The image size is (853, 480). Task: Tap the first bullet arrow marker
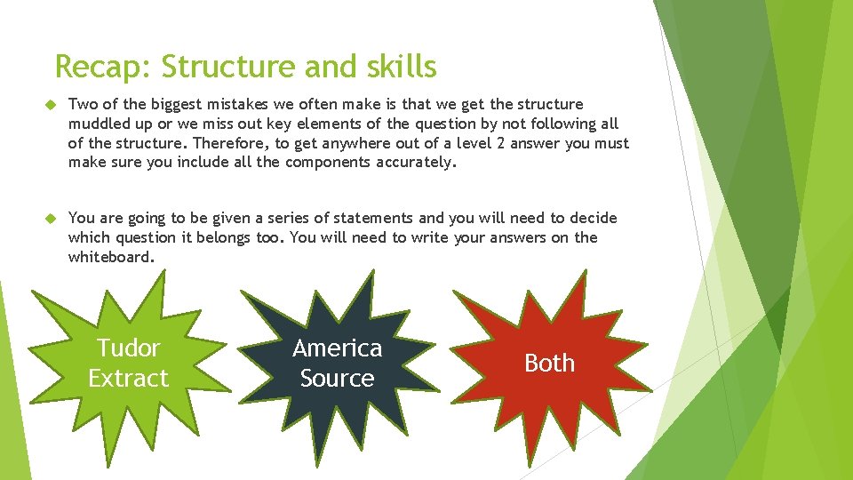pos(51,105)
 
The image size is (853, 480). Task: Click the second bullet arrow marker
pos(51,219)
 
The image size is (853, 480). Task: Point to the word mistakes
pos(228,104)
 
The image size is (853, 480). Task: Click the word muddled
pos(100,124)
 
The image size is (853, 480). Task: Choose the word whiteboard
pos(111,257)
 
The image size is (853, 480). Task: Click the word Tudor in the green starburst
pos(128,348)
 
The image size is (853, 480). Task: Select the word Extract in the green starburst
pos(128,378)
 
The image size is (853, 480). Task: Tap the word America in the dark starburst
pos(337,348)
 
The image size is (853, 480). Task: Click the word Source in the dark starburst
pos(337,378)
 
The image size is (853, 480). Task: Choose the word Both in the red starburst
pos(549,363)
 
